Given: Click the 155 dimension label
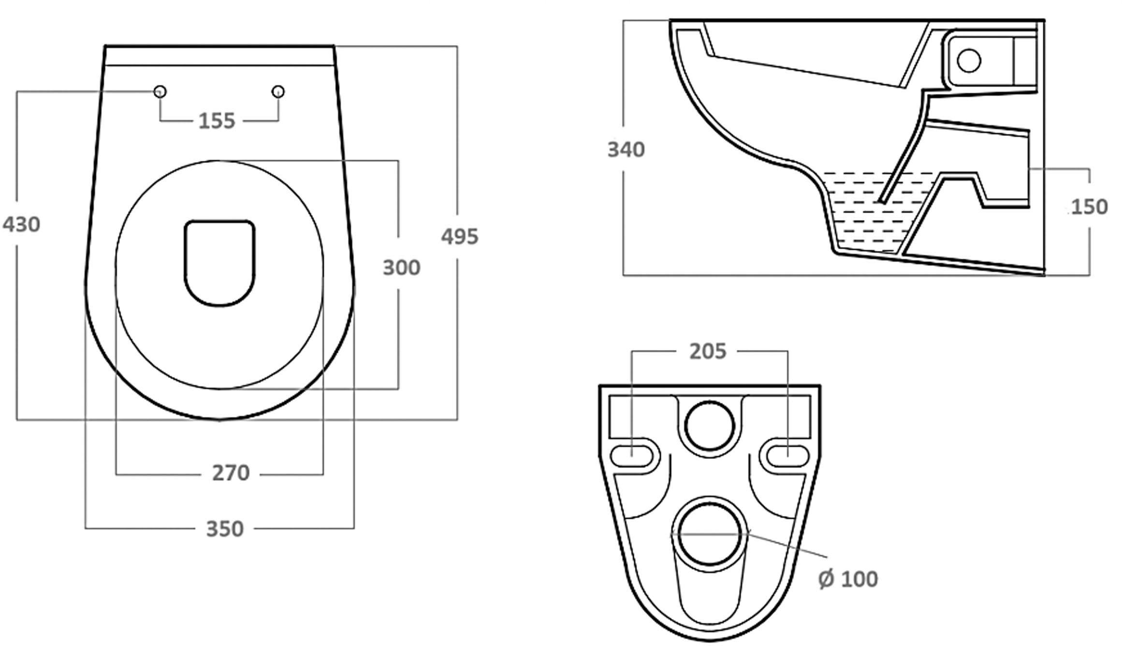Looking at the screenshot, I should [x=217, y=121].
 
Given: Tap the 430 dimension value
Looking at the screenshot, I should [x=21, y=225].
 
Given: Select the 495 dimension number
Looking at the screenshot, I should [x=459, y=237].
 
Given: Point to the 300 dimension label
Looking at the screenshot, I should [x=401, y=268].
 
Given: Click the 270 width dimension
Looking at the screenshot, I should [x=231, y=473].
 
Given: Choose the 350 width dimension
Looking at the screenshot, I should [x=225, y=529].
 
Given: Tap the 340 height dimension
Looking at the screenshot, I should [x=626, y=150].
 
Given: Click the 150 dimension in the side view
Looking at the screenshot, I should [x=1089, y=207].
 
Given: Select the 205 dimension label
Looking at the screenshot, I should [x=708, y=352].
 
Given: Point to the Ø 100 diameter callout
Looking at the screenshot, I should [x=848, y=579].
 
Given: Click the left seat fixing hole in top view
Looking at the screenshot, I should [x=160, y=91].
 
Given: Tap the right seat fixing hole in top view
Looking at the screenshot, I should [x=278, y=91].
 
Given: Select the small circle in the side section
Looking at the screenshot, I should [x=969, y=61].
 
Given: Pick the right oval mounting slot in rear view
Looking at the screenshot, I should [x=788, y=455].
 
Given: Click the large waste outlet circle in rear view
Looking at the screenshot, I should [x=709, y=534].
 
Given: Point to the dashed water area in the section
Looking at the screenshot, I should [x=865, y=213].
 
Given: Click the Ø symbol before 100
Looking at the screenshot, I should [x=826, y=579].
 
